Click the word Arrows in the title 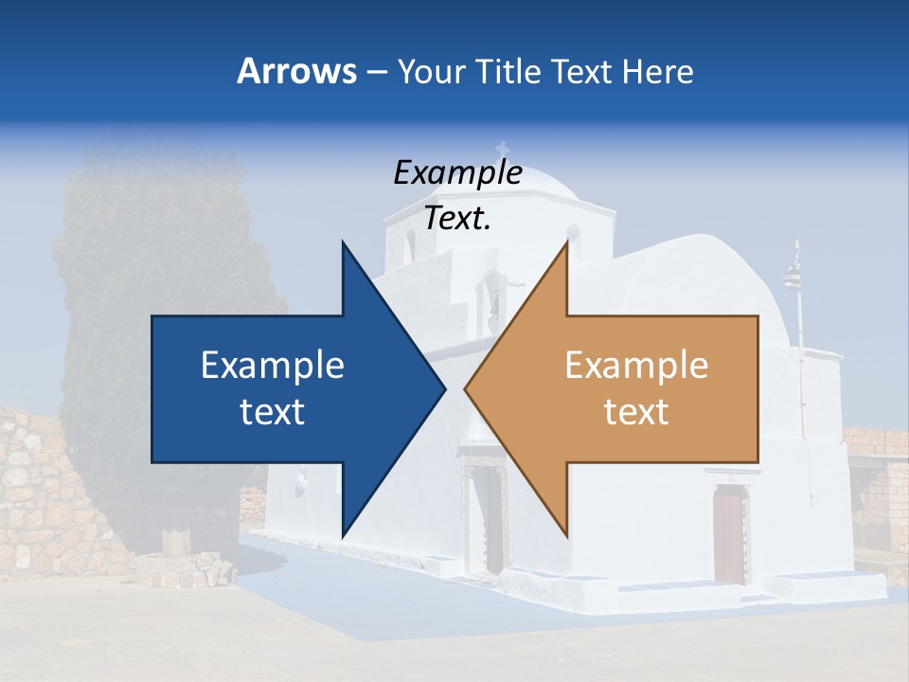pyautogui.click(x=296, y=71)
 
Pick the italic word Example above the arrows pyautogui.click(x=457, y=173)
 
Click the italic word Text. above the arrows pyautogui.click(x=457, y=219)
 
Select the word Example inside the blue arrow pyautogui.click(x=273, y=366)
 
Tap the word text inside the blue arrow pyautogui.click(x=273, y=412)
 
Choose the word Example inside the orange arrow pyautogui.click(x=636, y=366)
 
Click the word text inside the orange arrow pyautogui.click(x=636, y=412)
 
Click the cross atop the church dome pyautogui.click(x=502, y=150)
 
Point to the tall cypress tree pyautogui.click(x=142, y=313)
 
